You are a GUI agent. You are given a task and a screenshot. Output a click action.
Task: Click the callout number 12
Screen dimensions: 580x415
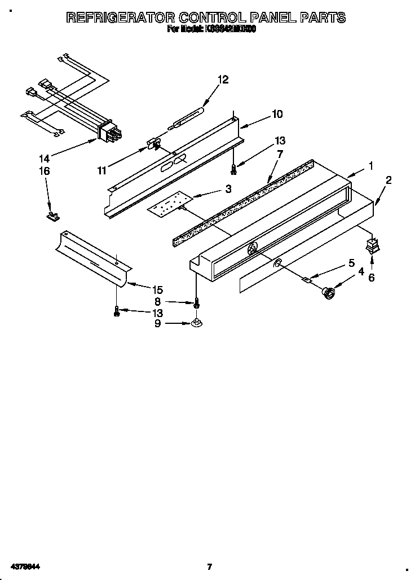pyautogui.click(x=223, y=80)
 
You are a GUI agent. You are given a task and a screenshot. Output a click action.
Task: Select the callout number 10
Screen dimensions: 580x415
pyautogui.click(x=277, y=114)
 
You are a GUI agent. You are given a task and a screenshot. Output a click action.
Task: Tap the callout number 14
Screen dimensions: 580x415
pyautogui.click(x=44, y=159)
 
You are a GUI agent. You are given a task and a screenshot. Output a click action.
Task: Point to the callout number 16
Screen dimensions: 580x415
pyautogui.click(x=44, y=171)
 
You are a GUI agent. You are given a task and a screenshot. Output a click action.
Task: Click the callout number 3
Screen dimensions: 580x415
pyautogui.click(x=228, y=190)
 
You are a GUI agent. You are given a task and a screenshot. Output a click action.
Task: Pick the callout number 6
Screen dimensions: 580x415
pyautogui.click(x=370, y=277)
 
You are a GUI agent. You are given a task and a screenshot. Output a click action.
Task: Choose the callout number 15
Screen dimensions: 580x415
pyautogui.click(x=157, y=290)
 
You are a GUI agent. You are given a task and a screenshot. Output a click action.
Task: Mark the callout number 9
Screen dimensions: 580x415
pyautogui.click(x=157, y=323)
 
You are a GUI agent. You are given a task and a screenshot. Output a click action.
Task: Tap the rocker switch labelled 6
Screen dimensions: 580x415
pyautogui.click(x=371, y=246)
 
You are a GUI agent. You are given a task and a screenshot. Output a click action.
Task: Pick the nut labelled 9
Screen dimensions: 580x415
pyautogui.click(x=196, y=323)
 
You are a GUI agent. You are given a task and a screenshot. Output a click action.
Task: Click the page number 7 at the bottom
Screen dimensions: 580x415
pyautogui.click(x=209, y=566)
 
